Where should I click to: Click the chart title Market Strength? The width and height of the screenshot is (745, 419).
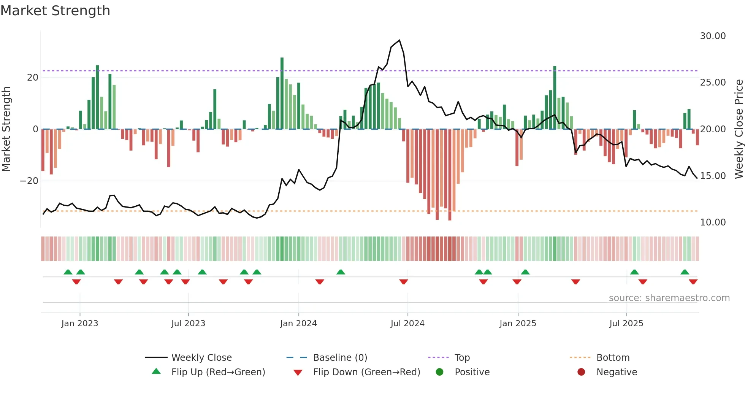55,11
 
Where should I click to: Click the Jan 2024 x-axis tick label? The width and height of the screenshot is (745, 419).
298,324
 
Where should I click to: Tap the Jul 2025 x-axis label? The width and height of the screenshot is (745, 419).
626,324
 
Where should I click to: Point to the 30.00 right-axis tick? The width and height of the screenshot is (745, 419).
713,36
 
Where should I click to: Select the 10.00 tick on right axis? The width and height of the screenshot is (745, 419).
713,222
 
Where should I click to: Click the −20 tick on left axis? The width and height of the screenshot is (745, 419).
29,181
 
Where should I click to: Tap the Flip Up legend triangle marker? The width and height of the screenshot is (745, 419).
156,371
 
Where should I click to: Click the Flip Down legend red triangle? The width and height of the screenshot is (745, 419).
298,373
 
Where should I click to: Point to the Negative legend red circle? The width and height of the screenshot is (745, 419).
581,372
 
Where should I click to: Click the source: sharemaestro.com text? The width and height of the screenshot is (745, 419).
669,298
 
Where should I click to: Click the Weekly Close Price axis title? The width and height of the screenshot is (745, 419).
739,129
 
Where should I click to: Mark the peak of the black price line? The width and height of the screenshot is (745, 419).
399,40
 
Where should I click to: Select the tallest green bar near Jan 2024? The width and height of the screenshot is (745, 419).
282,93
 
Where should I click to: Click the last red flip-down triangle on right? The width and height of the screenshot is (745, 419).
693,282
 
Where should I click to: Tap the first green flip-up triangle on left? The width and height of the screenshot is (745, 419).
68,272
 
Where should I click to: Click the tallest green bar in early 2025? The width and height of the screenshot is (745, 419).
555,97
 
